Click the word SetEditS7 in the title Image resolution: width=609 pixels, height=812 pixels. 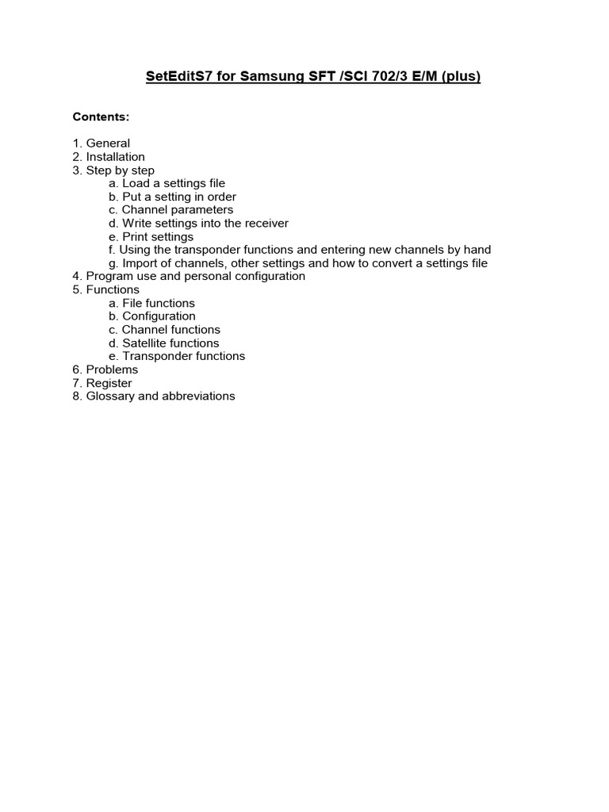[x=175, y=77]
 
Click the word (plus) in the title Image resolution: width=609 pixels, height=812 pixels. [x=461, y=77]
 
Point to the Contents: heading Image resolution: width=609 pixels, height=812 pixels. [x=101, y=117]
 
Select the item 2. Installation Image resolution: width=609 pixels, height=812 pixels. [x=109, y=157]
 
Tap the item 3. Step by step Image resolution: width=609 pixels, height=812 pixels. [x=113, y=170]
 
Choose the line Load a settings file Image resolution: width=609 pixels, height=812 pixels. [x=167, y=183]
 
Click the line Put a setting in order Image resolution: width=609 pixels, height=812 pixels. [x=173, y=197]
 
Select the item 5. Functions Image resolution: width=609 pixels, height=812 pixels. [x=105, y=289]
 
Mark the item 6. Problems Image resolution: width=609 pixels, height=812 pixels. [x=105, y=370]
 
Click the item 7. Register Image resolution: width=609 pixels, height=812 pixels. [x=102, y=383]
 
